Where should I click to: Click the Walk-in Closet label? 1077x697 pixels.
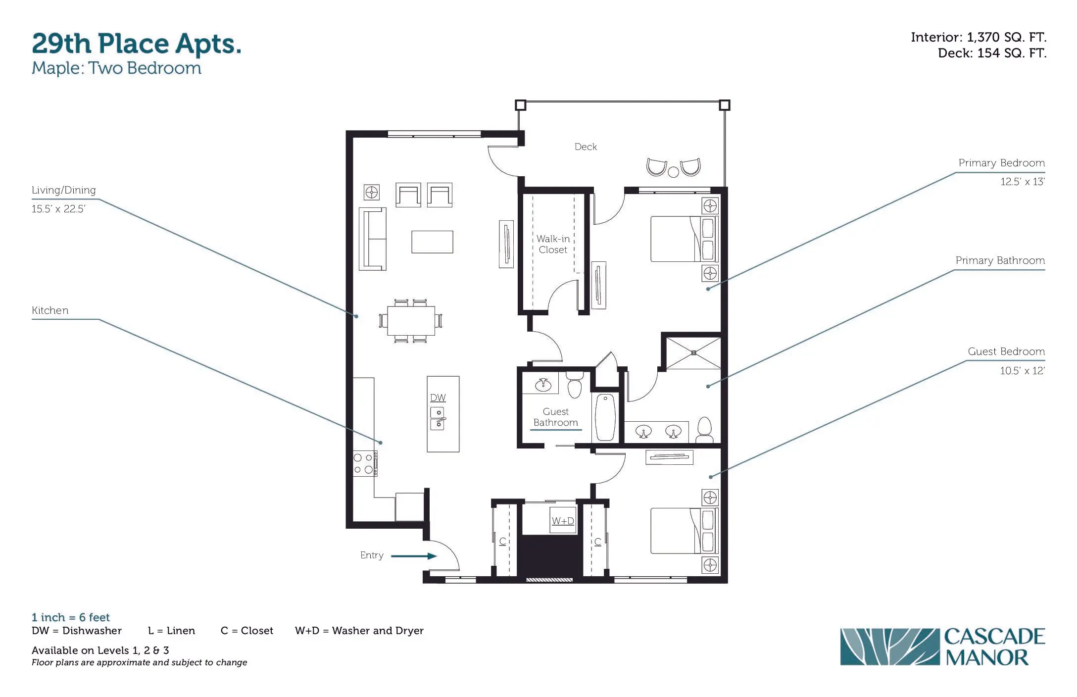point(553,245)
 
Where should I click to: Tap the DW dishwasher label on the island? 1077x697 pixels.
point(438,398)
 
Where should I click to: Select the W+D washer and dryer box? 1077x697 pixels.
point(563,520)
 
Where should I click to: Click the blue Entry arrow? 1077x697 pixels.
point(414,556)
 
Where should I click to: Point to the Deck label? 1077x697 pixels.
point(586,147)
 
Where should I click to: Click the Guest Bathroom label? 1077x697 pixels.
point(555,417)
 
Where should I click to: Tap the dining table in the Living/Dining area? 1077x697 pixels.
point(411,321)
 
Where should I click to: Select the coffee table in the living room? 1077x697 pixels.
point(432,242)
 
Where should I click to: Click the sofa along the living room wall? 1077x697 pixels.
point(372,239)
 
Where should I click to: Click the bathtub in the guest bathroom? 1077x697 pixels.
point(605,417)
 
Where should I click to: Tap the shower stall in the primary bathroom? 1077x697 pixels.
point(693,353)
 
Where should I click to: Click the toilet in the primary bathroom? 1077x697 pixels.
point(704,430)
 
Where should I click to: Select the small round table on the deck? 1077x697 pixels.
point(673,172)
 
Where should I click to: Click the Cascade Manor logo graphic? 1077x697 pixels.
point(889,647)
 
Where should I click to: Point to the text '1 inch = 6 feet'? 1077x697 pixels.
point(71,617)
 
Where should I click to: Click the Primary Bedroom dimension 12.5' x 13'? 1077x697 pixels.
point(1022,182)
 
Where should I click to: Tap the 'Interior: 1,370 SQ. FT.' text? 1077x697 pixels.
point(979,37)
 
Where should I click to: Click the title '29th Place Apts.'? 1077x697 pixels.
point(137,44)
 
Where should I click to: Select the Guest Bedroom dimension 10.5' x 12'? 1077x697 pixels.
point(1022,371)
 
